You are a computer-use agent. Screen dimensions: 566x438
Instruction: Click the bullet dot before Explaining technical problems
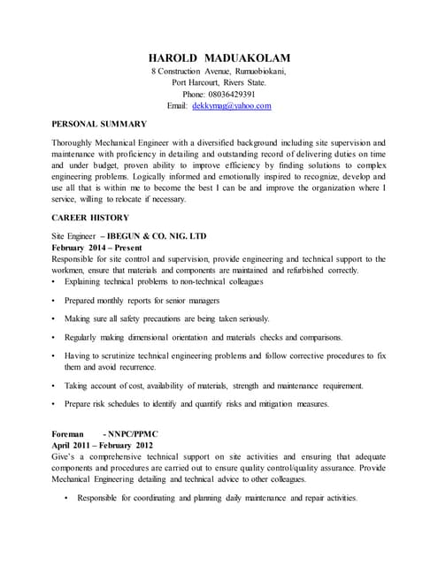[55, 282]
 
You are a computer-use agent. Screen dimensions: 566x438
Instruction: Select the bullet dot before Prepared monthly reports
[55, 301]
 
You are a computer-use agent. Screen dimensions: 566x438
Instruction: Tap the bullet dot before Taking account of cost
[55, 386]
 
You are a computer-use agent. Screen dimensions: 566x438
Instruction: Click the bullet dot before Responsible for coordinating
[68, 499]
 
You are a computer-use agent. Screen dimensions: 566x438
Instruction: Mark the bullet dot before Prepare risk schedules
[55, 404]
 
